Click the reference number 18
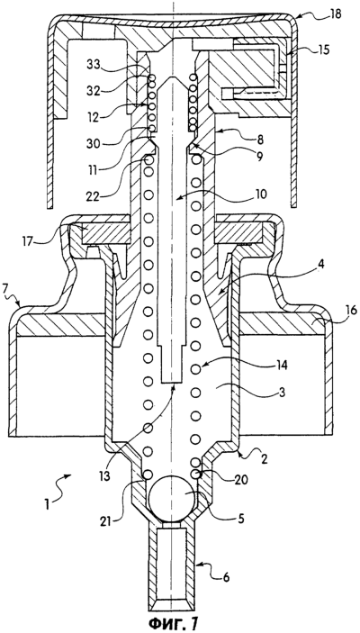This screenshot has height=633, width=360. pos(335,14)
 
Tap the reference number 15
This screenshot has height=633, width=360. pos(322,50)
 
